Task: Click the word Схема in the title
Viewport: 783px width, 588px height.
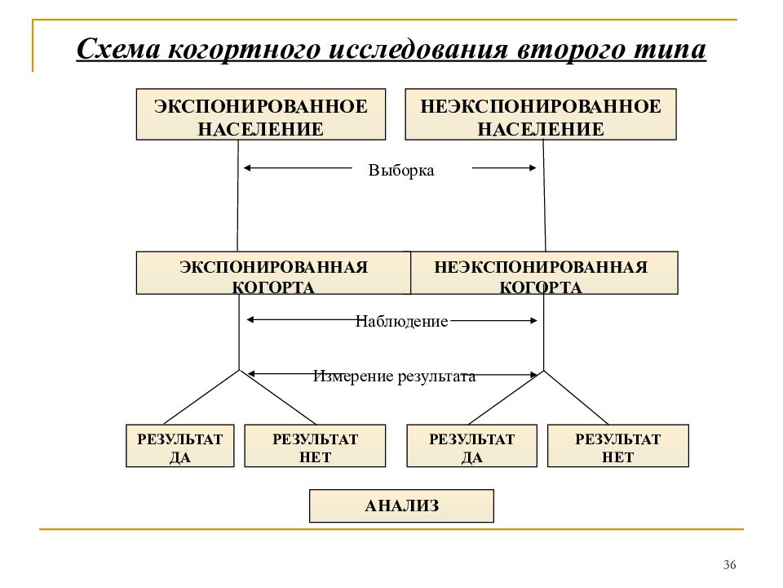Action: coord(118,49)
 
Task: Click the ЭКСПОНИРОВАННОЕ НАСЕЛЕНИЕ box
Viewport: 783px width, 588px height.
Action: coord(261,114)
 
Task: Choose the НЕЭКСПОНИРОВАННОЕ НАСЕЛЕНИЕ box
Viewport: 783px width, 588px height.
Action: coord(541,114)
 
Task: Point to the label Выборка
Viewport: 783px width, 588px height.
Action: coord(401,170)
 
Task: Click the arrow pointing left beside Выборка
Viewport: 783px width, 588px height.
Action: coord(298,168)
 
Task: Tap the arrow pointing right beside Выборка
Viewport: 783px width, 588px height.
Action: coord(504,168)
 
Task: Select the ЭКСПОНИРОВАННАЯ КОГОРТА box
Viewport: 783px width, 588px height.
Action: coord(274,273)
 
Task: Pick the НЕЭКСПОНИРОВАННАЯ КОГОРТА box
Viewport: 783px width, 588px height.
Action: coord(544,273)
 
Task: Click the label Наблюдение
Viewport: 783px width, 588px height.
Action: coord(401,321)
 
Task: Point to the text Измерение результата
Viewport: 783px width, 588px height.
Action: coord(395,376)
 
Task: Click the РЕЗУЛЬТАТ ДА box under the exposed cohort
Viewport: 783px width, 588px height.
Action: coord(179,446)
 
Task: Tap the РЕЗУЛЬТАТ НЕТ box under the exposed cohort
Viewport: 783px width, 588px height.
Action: coord(315,446)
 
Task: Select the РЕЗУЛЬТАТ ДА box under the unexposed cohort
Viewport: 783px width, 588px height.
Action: coord(472,446)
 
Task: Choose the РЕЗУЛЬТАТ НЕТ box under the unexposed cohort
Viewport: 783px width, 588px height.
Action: coord(618,446)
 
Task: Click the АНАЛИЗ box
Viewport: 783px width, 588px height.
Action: coord(401,506)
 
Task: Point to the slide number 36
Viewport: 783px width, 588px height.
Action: coord(729,565)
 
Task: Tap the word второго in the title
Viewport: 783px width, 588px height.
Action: coord(571,50)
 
